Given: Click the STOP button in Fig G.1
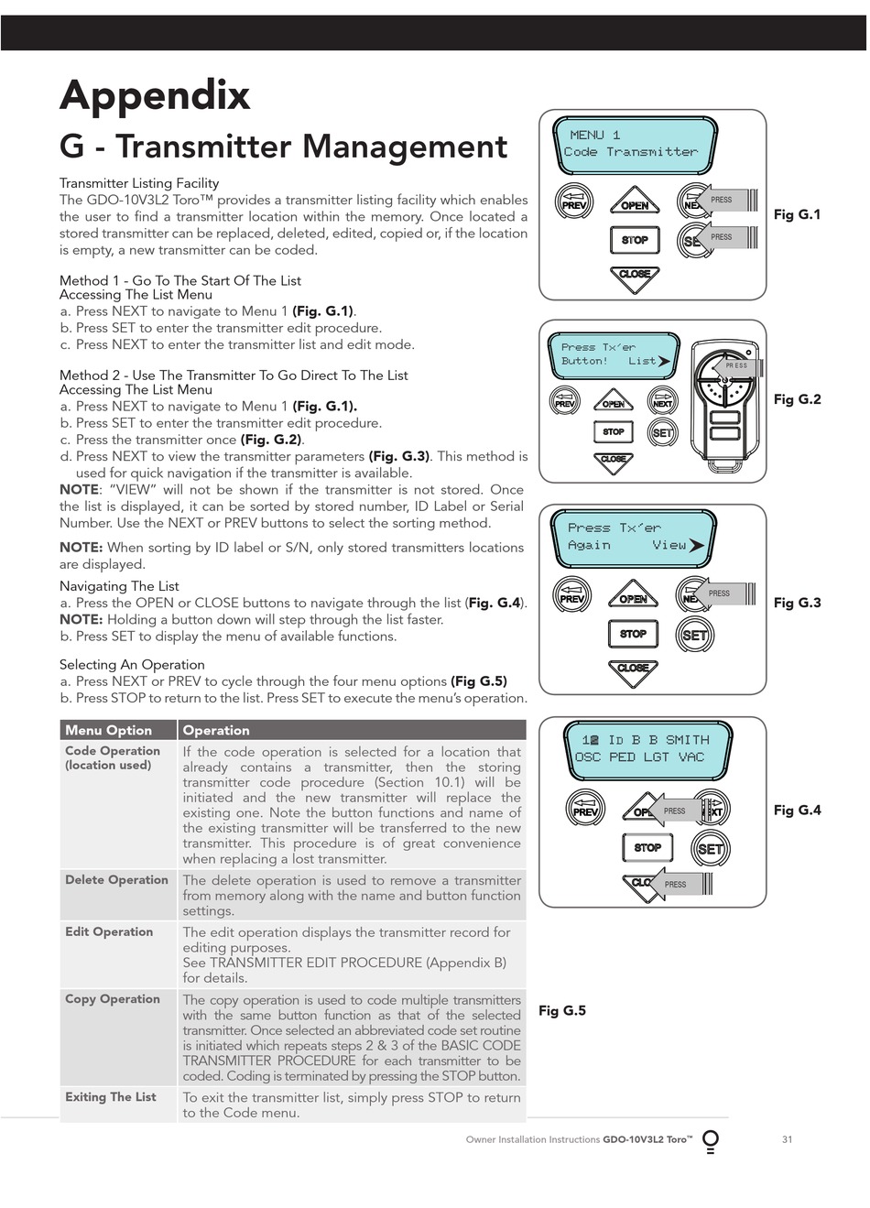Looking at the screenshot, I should pyautogui.click(x=635, y=240).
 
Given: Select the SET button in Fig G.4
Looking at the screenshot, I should pyautogui.click(x=711, y=848).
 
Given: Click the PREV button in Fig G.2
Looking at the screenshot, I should pyautogui.click(x=565, y=401).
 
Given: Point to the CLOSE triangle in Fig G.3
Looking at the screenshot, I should pyautogui.click(x=633, y=670).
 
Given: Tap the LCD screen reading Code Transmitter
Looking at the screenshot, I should pyautogui.click(x=634, y=144).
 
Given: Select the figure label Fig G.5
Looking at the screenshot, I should pyautogui.click(x=561, y=1010).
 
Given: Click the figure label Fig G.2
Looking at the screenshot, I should pyautogui.click(x=797, y=399).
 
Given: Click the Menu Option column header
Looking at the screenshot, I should pyautogui.click(x=109, y=730).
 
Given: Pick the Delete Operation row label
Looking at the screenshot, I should pyautogui.click(x=116, y=880).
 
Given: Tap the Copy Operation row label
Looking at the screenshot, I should pyautogui.click(x=113, y=999).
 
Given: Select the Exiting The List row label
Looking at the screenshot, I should pyautogui.click(x=111, y=1097).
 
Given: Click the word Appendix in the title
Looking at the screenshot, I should pyautogui.click(x=155, y=95).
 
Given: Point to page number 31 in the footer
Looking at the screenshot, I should pyautogui.click(x=788, y=1139).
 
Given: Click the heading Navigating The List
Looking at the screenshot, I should pyautogui.click(x=119, y=586).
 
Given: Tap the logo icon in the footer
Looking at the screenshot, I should pyautogui.click(x=710, y=1141).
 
